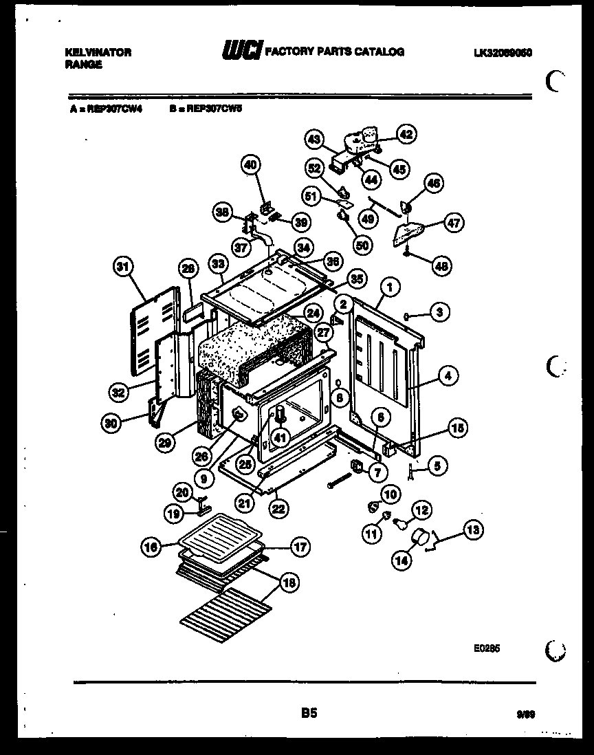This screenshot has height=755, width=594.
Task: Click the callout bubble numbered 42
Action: (406, 135)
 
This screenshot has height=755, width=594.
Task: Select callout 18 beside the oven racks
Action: (289, 582)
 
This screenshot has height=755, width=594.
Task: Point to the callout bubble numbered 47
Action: (454, 223)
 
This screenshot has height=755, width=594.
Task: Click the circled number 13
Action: (472, 529)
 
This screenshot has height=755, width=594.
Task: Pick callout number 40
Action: (251, 164)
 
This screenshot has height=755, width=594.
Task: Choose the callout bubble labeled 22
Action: (278, 509)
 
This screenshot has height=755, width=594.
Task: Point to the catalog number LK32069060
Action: (503, 52)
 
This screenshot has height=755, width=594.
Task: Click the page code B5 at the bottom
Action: (309, 714)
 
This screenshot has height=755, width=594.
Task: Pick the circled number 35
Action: (356, 280)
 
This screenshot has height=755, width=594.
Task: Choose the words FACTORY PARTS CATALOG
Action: (334, 52)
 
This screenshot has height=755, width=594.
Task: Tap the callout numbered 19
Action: (174, 512)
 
